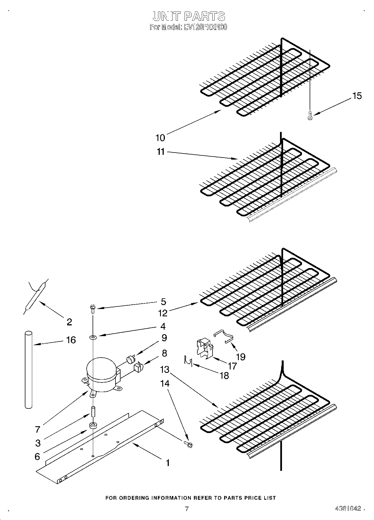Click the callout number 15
tap(357, 96)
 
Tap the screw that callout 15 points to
tap(310, 115)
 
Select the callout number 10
tap(160, 138)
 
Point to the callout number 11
tap(161, 152)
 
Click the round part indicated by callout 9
tap(130, 360)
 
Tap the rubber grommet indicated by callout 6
tap(93, 426)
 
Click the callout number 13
tap(165, 369)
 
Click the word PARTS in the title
tap(205, 16)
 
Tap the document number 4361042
tap(348, 508)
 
